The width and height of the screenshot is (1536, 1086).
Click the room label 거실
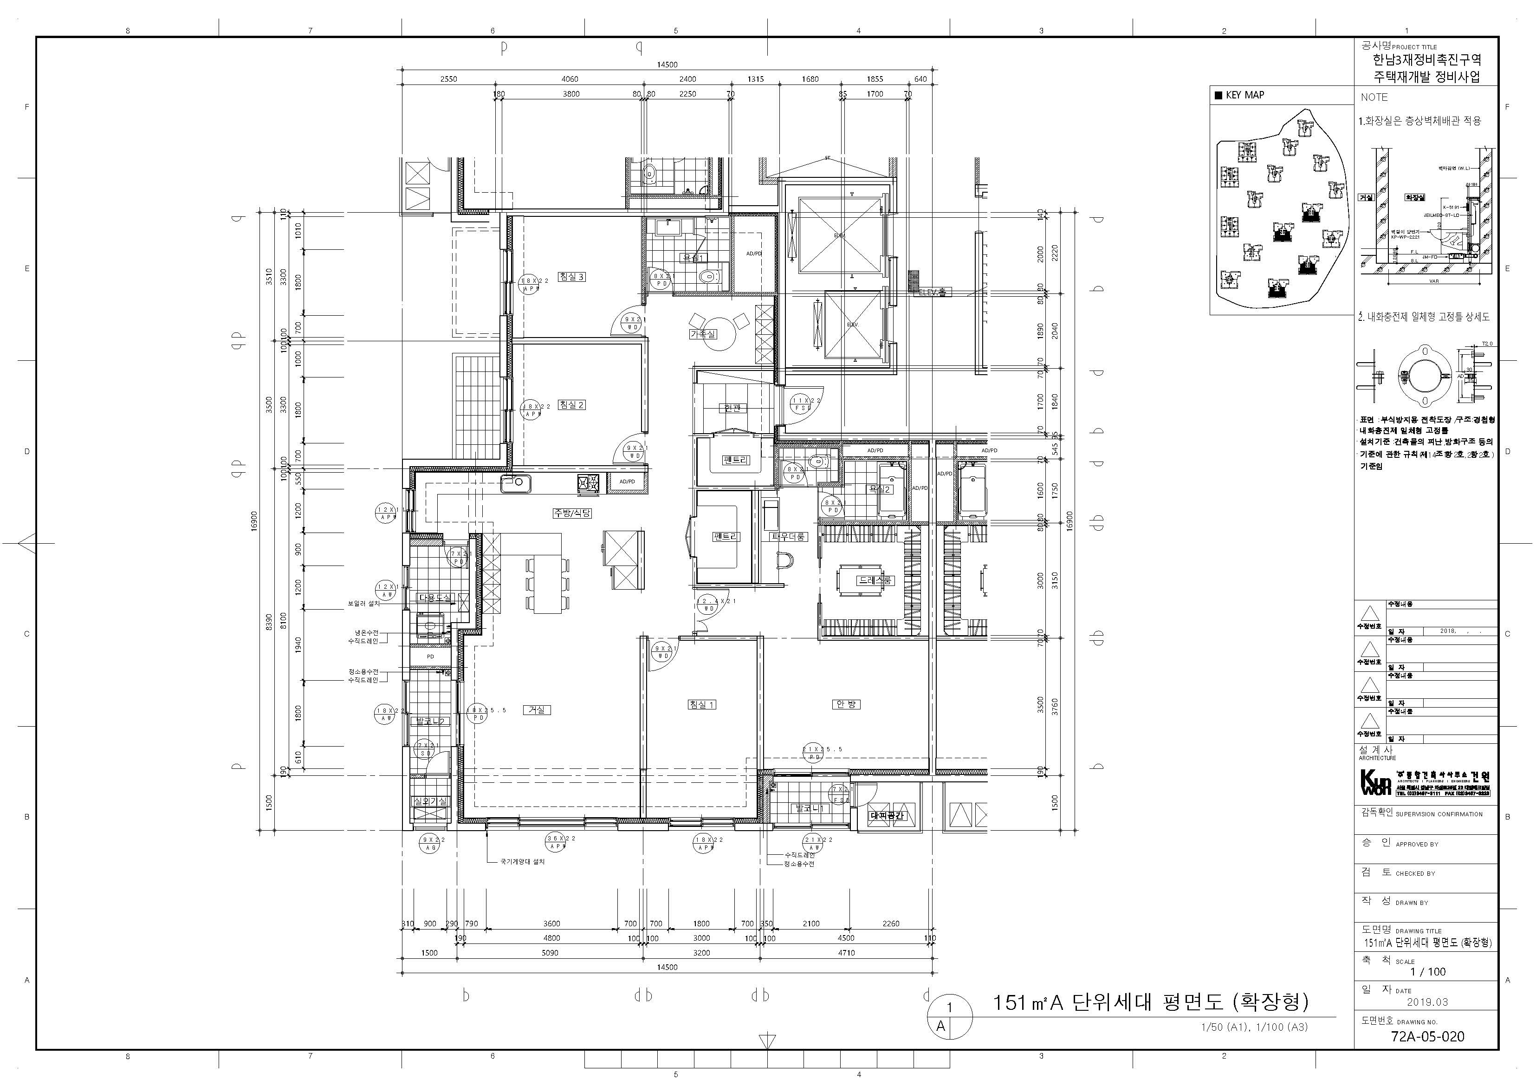537,710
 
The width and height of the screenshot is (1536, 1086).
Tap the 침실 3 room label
571,276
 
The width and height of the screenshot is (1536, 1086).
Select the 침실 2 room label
571,405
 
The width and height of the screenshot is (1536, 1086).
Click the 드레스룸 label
876,581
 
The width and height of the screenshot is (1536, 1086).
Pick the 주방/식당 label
572,513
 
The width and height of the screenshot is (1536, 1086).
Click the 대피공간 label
887,816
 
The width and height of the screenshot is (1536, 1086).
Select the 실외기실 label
430,801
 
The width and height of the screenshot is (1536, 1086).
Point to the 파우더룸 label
789,537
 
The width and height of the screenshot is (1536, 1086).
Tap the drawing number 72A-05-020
1427,1036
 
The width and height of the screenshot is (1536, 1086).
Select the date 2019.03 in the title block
1427,1001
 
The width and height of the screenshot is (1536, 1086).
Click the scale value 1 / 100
1428,972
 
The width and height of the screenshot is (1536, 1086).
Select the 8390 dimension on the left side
269,622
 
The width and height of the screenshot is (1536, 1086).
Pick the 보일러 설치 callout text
363,603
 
